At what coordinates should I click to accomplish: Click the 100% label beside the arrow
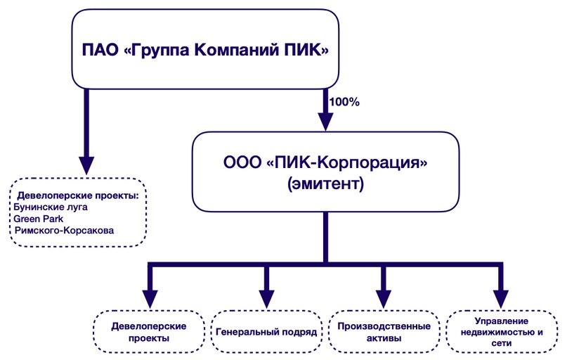click(344, 102)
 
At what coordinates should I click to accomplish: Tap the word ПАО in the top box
click(100, 50)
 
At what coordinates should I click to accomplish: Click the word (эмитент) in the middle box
click(325, 184)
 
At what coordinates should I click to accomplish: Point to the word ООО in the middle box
click(242, 162)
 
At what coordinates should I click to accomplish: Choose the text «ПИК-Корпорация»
click(346, 163)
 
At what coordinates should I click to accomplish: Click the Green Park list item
click(39, 219)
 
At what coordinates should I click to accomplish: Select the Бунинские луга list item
click(51, 207)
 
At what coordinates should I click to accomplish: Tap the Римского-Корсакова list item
click(64, 231)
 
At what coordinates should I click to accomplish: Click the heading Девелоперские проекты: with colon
click(78, 195)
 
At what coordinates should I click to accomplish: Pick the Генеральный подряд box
click(266, 331)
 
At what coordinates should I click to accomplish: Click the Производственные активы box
click(384, 331)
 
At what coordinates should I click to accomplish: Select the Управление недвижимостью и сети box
click(502, 331)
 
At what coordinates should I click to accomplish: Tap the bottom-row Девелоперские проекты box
click(149, 331)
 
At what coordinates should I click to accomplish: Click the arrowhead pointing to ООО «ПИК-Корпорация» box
click(325, 121)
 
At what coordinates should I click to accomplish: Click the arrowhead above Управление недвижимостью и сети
click(501, 299)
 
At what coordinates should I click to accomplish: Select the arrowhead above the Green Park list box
click(86, 165)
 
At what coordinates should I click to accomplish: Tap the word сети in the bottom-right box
click(502, 343)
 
